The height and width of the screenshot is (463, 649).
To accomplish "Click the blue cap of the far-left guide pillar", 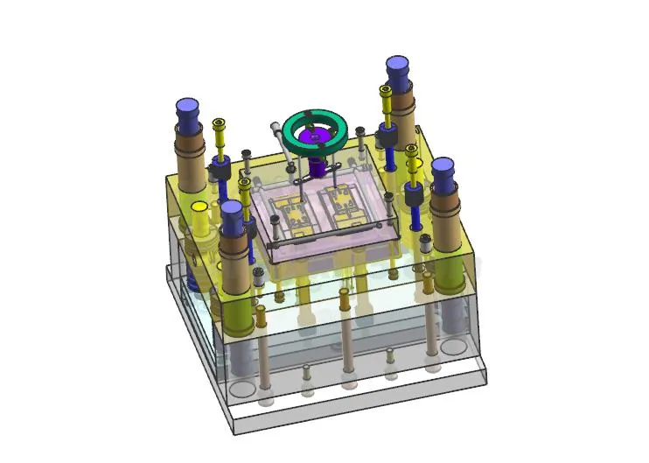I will [x=188, y=110].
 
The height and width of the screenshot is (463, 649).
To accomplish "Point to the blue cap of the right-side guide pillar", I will [x=443, y=170].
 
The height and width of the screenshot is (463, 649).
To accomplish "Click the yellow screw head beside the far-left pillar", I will [x=219, y=126].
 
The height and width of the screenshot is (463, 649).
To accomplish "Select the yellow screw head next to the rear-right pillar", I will [x=385, y=91].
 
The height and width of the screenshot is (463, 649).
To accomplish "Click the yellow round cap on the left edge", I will [x=199, y=207].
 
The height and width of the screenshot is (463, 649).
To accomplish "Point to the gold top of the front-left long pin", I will [x=260, y=310].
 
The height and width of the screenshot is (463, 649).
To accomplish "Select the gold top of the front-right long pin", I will [x=428, y=277].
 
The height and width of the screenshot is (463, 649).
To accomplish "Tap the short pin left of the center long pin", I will [x=307, y=371].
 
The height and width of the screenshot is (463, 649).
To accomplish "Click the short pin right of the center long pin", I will [x=390, y=354].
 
